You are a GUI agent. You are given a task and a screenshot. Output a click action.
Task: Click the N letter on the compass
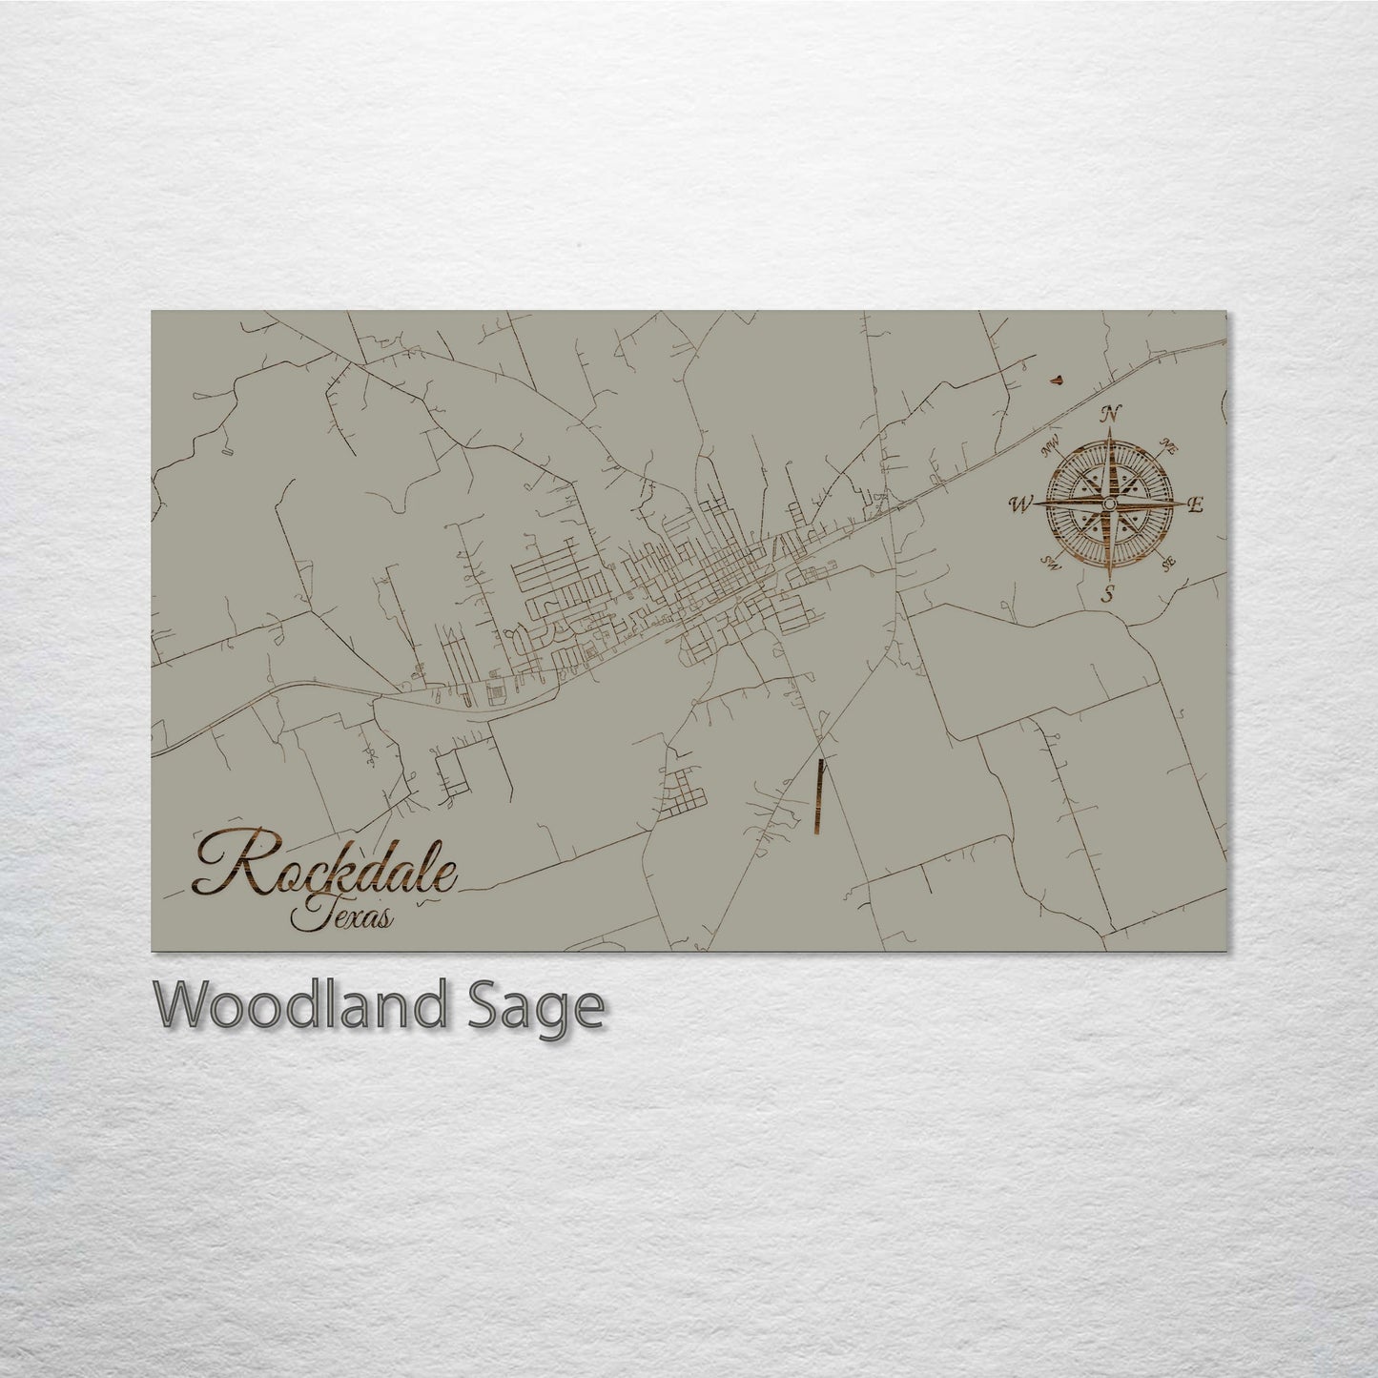1109,414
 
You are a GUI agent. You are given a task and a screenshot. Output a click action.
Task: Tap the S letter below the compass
1108,594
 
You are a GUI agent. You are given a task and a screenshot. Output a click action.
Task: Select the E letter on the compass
1198,504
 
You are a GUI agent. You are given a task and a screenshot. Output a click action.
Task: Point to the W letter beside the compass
1020,504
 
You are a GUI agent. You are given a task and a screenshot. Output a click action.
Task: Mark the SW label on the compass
1052,563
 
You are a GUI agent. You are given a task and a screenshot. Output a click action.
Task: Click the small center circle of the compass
1109,504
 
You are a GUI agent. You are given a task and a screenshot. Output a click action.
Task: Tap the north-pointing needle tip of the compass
1109,431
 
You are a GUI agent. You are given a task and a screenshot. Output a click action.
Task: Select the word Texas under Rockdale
339,916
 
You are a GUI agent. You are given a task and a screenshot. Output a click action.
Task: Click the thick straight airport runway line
819,797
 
